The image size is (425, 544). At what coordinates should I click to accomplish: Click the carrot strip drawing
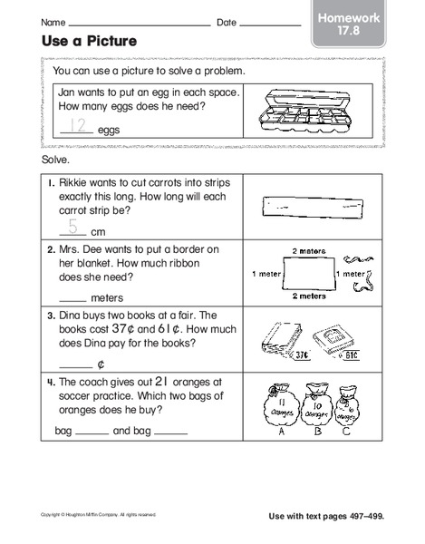(311, 209)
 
